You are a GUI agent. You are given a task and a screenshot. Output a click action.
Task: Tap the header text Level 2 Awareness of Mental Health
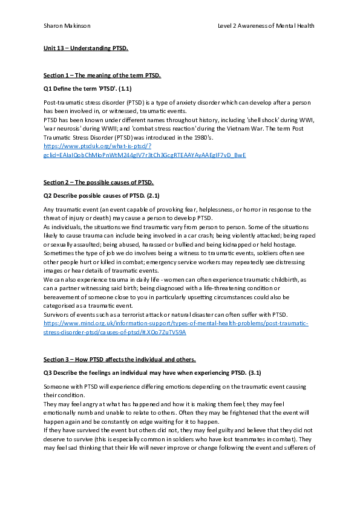[x=266, y=25]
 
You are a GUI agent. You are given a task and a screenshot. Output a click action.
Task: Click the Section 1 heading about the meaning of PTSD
[x=102, y=75]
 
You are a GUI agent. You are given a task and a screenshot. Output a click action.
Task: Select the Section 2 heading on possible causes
[x=99, y=182]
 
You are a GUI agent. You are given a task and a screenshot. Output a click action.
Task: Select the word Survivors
[x=58, y=314]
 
